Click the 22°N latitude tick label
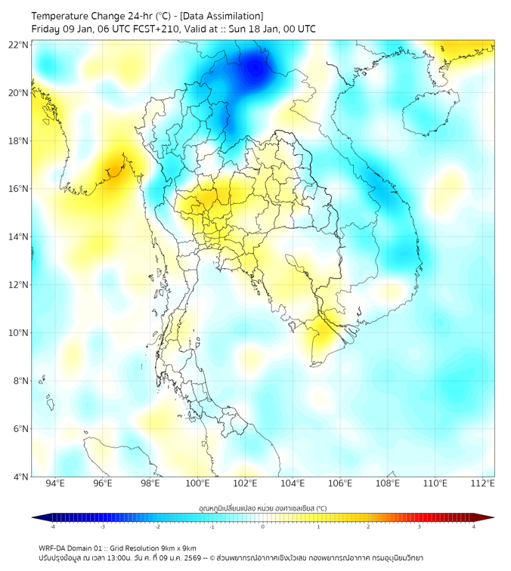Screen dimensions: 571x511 click(19, 45)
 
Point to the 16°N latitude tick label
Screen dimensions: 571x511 click(19, 189)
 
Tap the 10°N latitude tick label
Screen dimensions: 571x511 click(19, 333)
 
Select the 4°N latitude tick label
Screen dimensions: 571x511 click(20, 477)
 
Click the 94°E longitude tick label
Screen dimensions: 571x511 click(55, 483)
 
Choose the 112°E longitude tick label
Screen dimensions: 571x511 click(483, 483)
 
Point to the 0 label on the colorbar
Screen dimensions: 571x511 click(263, 526)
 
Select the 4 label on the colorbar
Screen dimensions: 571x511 click(474, 526)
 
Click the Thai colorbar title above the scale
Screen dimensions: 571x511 click(262, 508)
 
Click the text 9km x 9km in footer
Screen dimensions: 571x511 click(178, 548)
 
